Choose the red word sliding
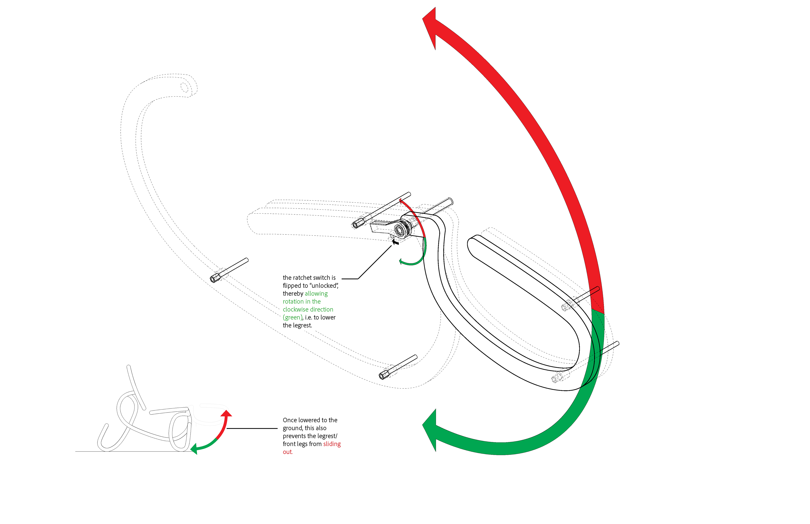(332, 444)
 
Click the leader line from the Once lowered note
(252, 428)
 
